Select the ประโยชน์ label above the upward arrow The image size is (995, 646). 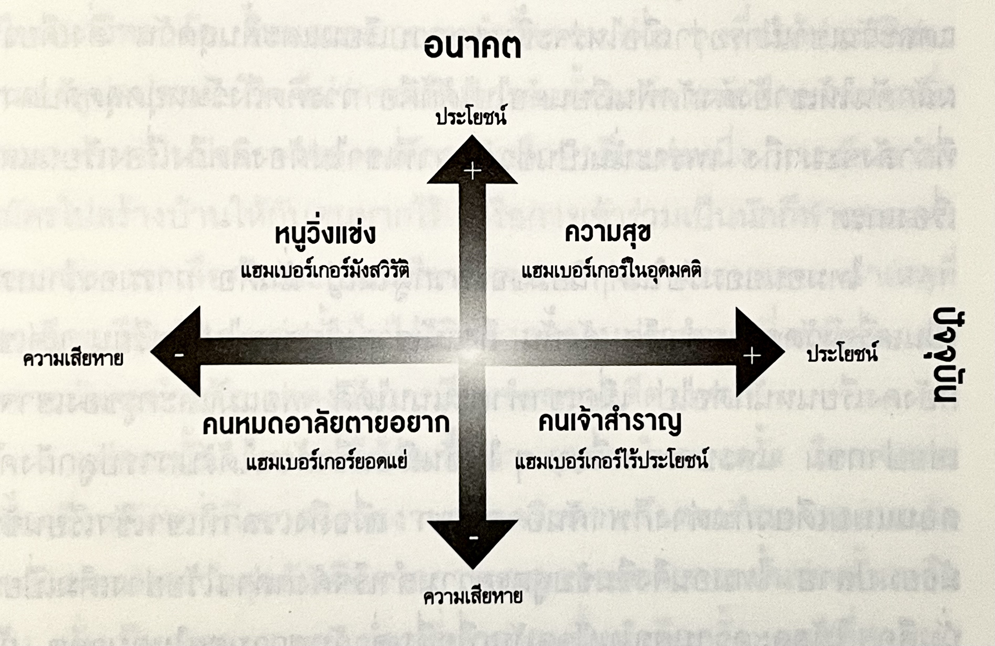471,117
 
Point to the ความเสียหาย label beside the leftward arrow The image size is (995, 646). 73,359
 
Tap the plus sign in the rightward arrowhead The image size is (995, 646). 752,356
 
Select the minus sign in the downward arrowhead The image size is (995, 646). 473,538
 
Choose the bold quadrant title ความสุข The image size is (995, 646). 607,233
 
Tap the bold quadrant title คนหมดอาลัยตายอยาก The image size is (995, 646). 326,424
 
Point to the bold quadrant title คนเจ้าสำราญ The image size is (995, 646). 609,422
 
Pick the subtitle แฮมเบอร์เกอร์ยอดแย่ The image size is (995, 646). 326,463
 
